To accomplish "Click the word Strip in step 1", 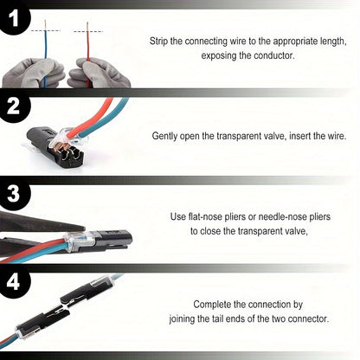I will [162, 40].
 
